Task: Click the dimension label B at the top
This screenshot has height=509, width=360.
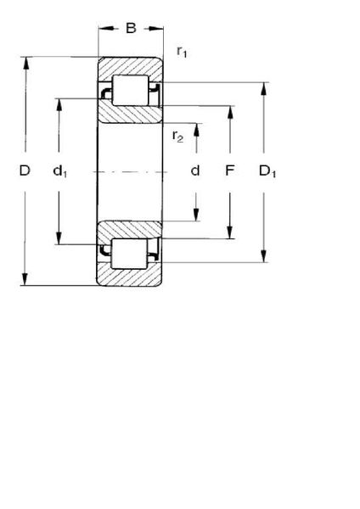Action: pyautogui.click(x=131, y=28)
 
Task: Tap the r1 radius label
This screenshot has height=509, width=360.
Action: pyautogui.click(x=182, y=52)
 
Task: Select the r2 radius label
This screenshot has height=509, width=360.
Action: pyautogui.click(x=177, y=137)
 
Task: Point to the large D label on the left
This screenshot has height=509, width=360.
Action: pyautogui.click(x=25, y=171)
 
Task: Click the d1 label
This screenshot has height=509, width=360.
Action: pyautogui.click(x=60, y=171)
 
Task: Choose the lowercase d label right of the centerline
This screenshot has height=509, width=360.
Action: pyautogui.click(x=195, y=171)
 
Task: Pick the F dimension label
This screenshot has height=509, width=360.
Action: pyautogui.click(x=230, y=171)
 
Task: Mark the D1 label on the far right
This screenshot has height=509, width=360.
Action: pyautogui.click(x=267, y=171)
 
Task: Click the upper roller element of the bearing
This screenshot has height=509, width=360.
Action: pyautogui.click(x=130, y=90)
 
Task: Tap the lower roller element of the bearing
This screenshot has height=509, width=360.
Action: pyautogui.click(x=129, y=254)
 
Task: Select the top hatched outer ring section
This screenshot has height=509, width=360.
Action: pyautogui.click(x=130, y=69)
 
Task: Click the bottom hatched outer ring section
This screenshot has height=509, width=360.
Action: pyautogui.click(x=129, y=275)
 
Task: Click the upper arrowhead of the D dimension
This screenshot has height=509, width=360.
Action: pyautogui.click(x=26, y=64)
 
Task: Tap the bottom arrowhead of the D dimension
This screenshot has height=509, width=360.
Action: pyautogui.click(x=25, y=279)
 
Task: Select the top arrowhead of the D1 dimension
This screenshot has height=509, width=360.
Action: pyautogui.click(x=264, y=88)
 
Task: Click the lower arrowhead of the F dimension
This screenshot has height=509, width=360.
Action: pyautogui.click(x=230, y=232)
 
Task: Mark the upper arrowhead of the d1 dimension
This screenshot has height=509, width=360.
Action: pyautogui.click(x=59, y=104)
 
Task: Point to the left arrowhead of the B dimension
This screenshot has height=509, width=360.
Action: pyautogui.click(x=106, y=29)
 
